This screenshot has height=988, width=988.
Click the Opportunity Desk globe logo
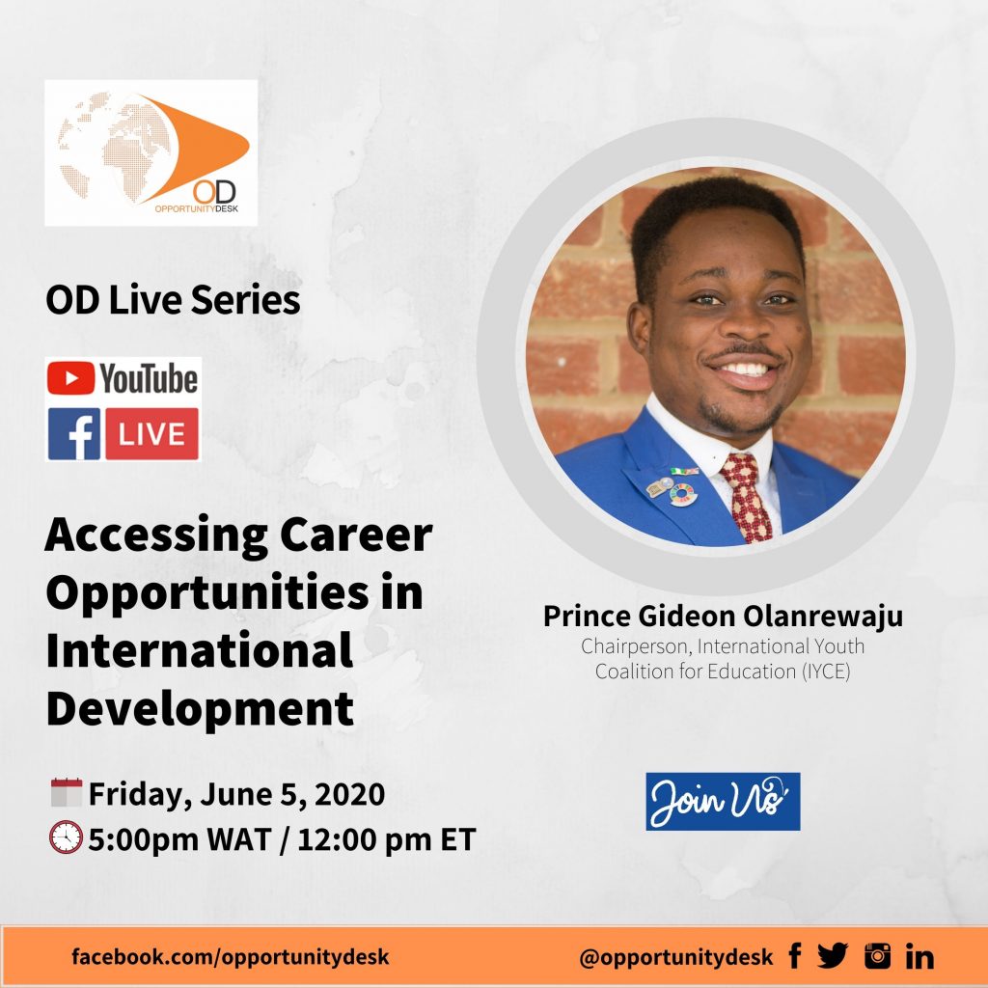(151, 152)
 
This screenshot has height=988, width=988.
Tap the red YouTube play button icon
(70, 378)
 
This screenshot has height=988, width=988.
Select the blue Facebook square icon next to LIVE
(73, 433)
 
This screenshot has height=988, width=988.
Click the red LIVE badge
(151, 433)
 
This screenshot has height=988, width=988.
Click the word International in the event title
(199, 651)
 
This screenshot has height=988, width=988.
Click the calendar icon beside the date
(67, 793)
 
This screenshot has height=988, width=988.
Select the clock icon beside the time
(67, 837)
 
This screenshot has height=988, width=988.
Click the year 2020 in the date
(349, 794)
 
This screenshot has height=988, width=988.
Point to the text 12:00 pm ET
(386, 839)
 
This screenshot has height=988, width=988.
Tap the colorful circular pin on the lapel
(683, 495)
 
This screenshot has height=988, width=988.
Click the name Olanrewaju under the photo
(823, 617)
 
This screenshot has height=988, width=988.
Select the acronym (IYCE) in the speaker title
(826, 672)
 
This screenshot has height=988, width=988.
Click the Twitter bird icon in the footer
(833, 956)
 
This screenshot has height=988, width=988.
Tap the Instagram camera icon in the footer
(878, 956)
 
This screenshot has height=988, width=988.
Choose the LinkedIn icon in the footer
(919, 956)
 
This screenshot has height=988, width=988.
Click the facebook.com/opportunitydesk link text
(231, 956)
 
